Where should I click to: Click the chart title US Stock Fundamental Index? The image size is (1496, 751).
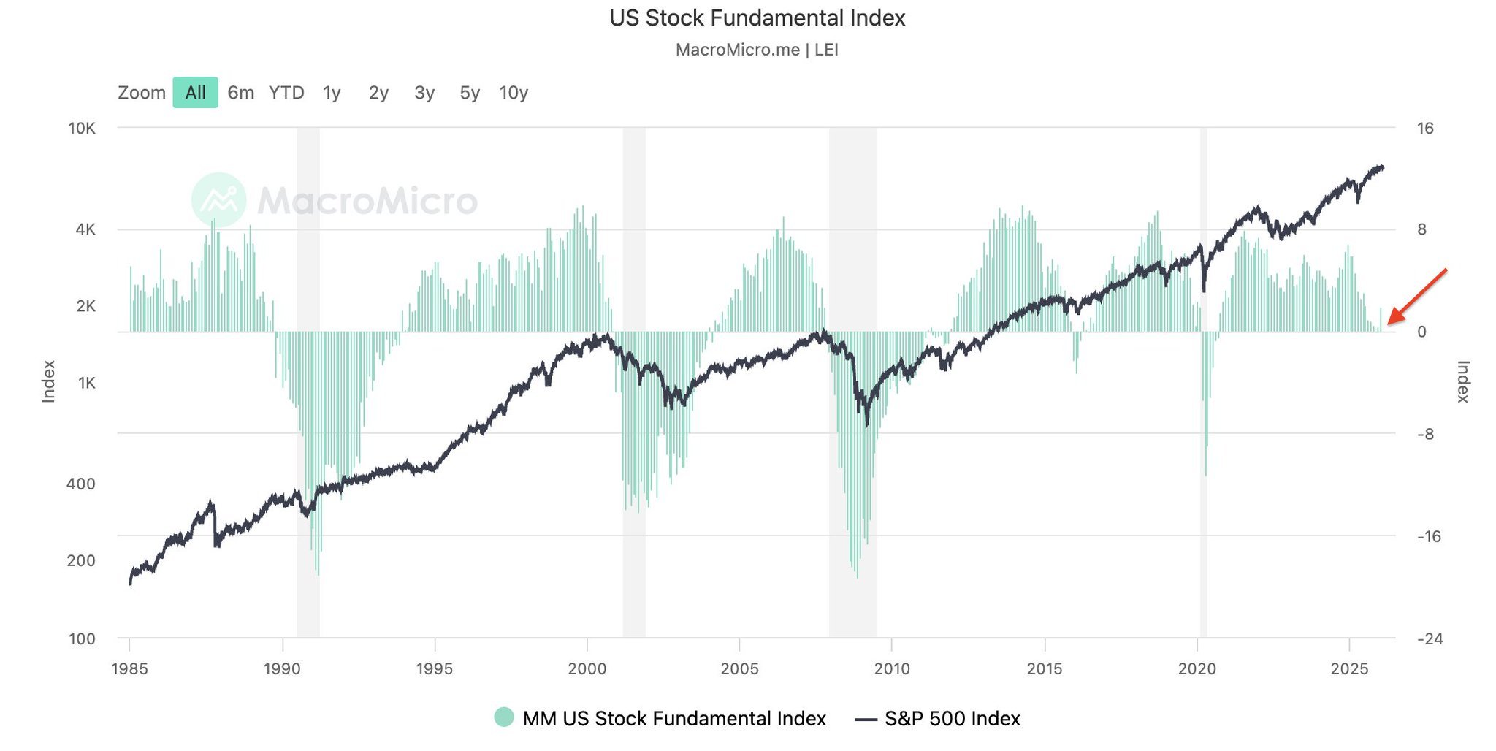point(757,18)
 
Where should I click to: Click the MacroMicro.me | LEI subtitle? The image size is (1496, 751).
point(757,50)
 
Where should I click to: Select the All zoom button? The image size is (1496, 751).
point(195,93)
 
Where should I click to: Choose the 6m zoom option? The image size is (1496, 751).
point(240,93)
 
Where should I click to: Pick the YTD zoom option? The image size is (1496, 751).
point(286,93)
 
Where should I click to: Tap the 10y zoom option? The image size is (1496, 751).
point(514,93)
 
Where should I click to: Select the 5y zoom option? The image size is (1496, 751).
point(470,93)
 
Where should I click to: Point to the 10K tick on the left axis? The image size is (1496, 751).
point(82,129)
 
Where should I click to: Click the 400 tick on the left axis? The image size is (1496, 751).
point(81,484)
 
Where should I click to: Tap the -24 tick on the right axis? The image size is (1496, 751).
point(1430,639)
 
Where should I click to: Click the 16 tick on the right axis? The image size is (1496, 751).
point(1425,129)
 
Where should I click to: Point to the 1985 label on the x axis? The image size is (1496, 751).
point(129,668)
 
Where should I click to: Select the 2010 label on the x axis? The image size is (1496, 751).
point(892,668)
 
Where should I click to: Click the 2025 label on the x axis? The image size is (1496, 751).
point(1349,668)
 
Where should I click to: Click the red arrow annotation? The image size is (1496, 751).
point(1416,296)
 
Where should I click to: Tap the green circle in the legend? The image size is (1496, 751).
point(504,717)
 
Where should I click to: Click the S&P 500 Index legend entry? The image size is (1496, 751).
point(951,719)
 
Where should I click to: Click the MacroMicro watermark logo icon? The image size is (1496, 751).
point(218,199)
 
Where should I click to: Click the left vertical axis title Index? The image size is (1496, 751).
point(48,381)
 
